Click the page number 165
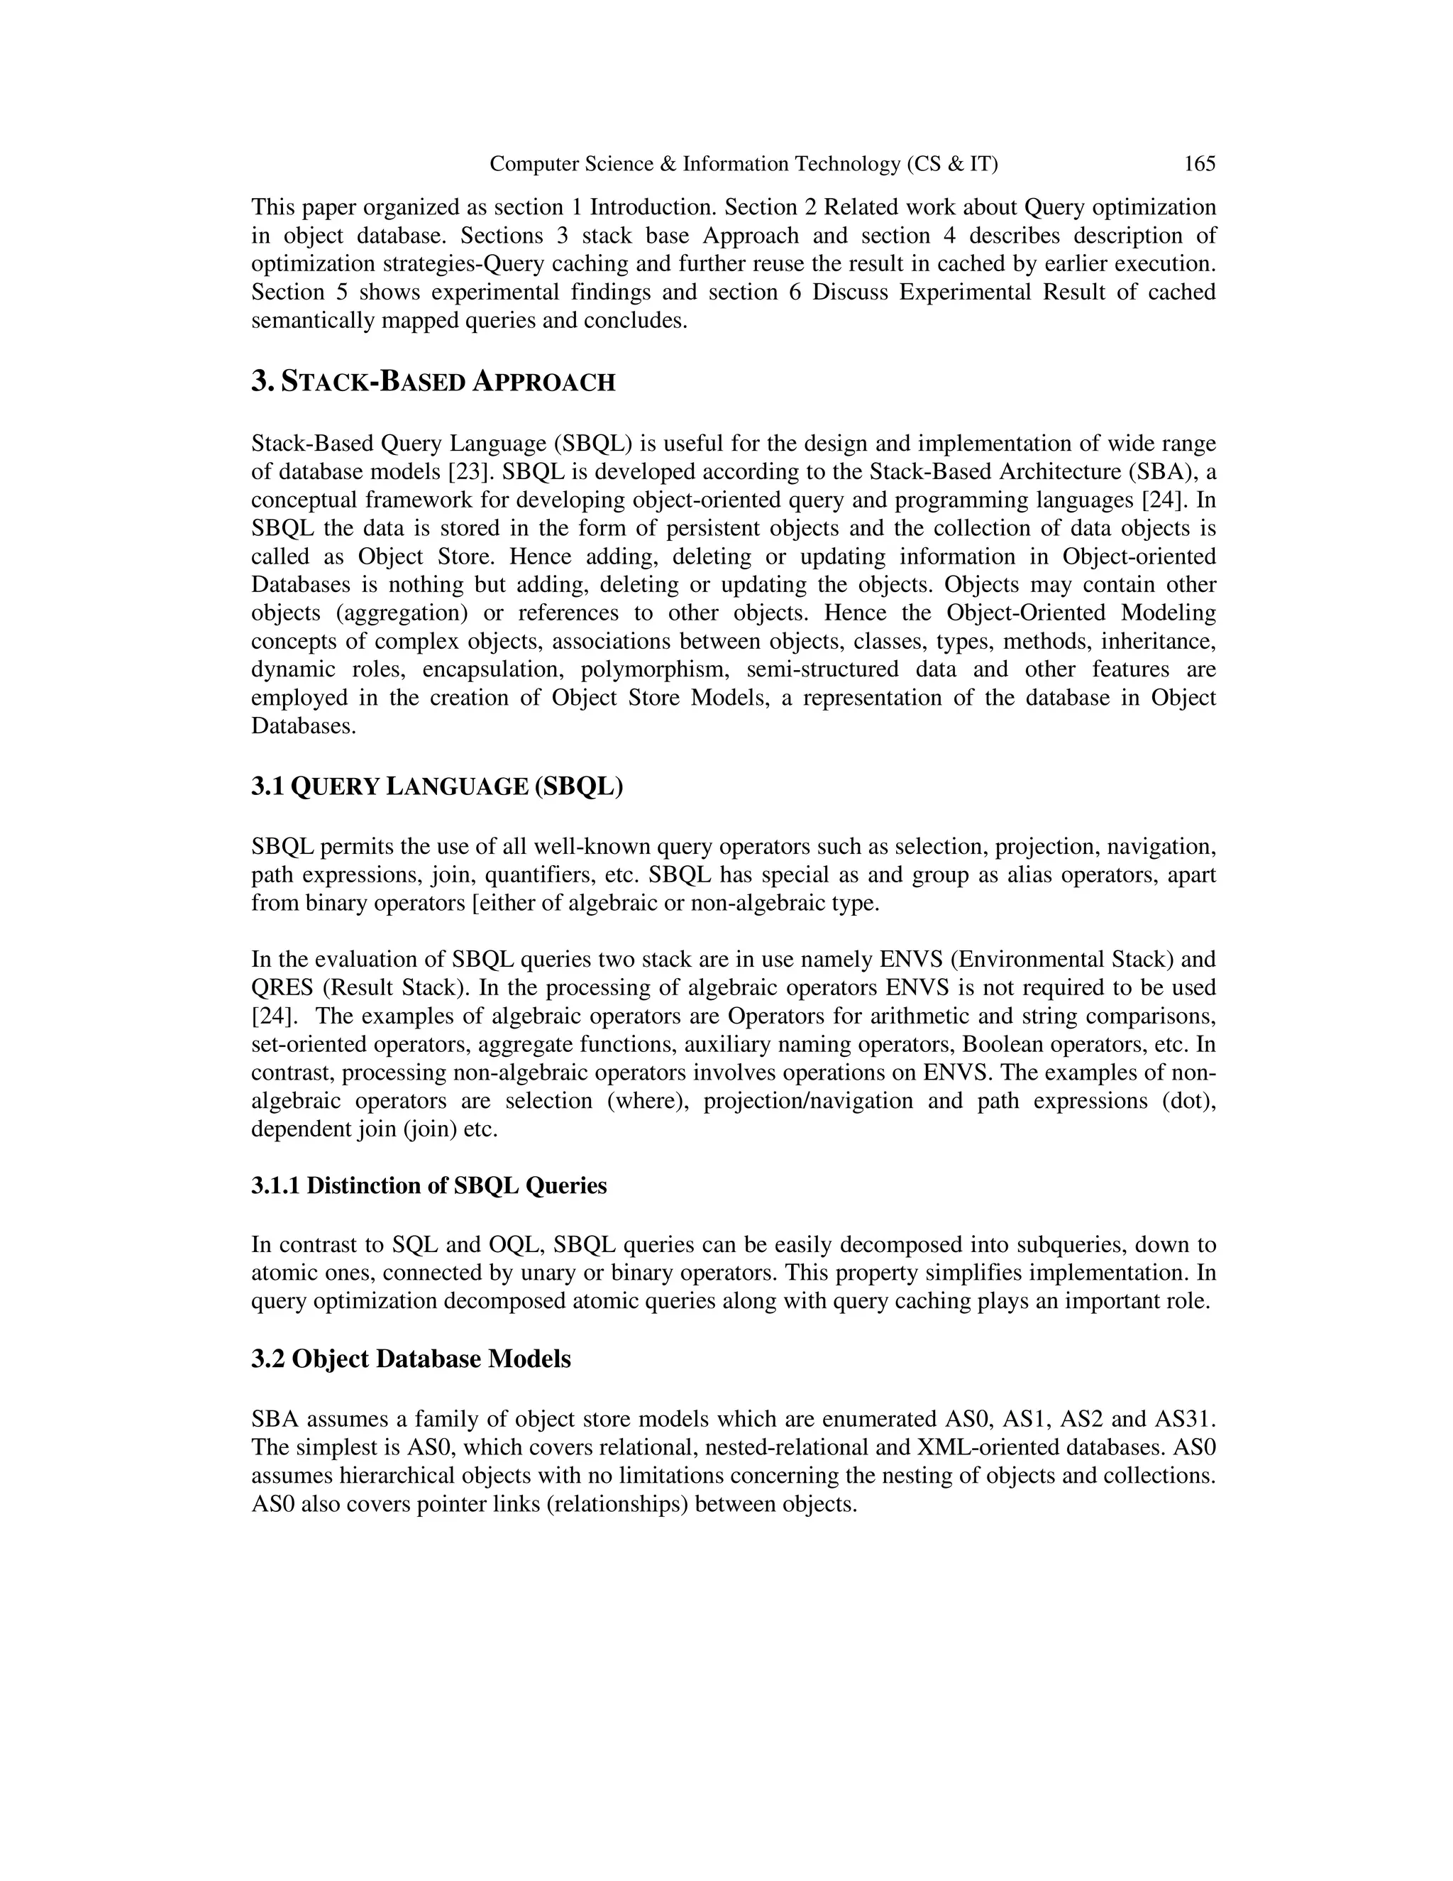[x=1199, y=164]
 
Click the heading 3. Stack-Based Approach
[x=433, y=382]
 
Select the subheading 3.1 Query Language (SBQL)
[x=436, y=786]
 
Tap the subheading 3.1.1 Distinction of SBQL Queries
[x=429, y=1186]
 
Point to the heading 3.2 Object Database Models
[x=411, y=1359]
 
